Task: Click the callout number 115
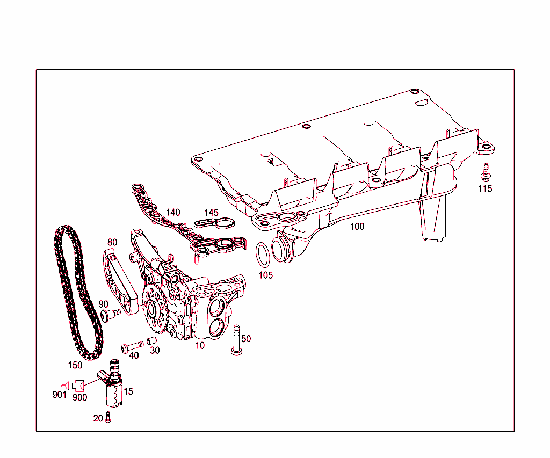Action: (485, 189)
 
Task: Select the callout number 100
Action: (357, 227)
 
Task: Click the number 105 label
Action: (265, 275)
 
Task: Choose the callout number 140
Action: (173, 212)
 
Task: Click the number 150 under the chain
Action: (75, 365)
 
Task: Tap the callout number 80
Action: (112, 242)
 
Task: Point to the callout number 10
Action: (200, 346)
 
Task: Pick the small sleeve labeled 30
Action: (151, 341)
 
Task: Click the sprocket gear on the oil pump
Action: (155, 309)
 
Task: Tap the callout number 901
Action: (59, 395)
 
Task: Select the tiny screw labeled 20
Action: (108, 417)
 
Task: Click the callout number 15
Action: (128, 391)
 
